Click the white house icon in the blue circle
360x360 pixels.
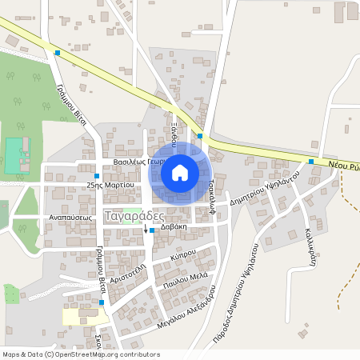point(180,172)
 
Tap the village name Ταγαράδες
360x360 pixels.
point(134,215)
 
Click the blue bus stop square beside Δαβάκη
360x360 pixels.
point(152,230)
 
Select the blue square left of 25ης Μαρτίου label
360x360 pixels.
point(97,176)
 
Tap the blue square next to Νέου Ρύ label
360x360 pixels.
point(310,162)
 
